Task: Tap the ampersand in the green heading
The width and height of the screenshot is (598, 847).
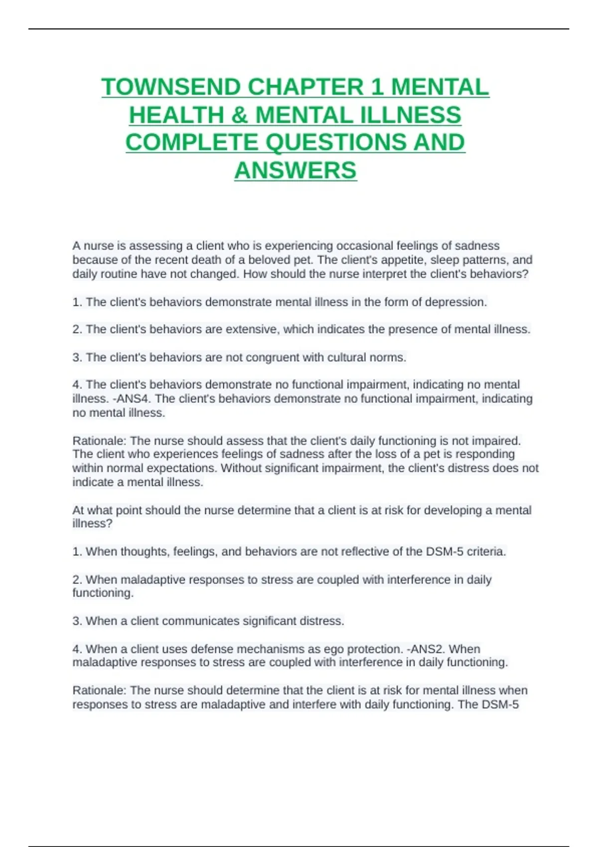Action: click(239, 115)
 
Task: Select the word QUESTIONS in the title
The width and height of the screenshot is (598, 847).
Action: click(336, 142)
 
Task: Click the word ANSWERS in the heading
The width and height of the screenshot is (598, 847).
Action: click(296, 170)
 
